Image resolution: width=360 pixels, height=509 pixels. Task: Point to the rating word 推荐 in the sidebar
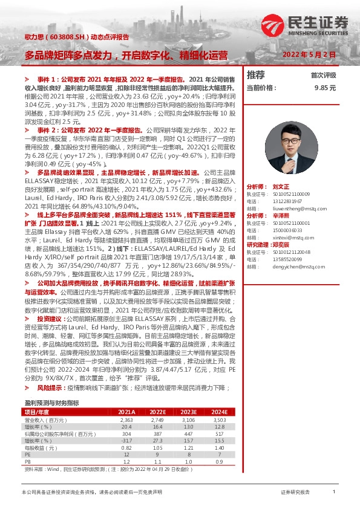pyautogui.click(x=257, y=75)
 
